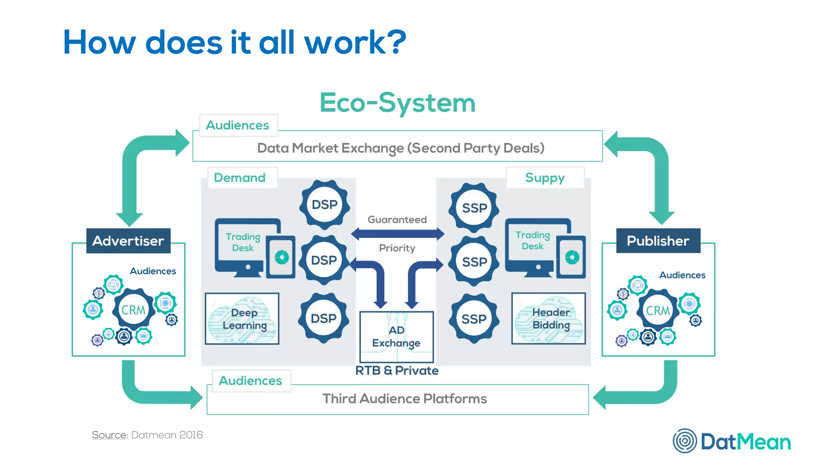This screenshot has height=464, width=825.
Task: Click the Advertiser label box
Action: point(128,241)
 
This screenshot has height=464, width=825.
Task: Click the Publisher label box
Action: point(658,241)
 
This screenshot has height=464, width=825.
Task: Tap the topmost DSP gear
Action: point(324,205)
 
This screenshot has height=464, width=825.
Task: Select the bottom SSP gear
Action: point(474,319)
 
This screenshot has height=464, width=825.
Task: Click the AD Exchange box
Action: point(396,337)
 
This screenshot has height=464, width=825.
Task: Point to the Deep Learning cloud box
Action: point(242,319)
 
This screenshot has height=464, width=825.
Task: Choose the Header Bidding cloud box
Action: point(548,319)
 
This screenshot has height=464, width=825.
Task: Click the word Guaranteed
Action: point(397,220)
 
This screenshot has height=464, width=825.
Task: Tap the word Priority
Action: point(397,248)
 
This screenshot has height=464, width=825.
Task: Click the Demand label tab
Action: point(240,178)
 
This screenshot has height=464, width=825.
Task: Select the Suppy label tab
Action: point(545,178)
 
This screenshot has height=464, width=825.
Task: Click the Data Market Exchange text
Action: point(400,148)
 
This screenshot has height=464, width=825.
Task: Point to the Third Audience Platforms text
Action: point(404,399)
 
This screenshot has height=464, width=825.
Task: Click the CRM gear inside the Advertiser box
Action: point(133,309)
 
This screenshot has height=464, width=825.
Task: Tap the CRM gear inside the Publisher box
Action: point(657,310)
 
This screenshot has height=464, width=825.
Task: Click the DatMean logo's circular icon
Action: point(684,441)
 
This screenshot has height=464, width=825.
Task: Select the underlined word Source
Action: point(110,435)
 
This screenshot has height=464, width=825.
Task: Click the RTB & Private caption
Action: point(397,371)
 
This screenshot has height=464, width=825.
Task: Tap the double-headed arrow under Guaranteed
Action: point(397,234)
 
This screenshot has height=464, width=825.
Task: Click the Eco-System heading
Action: point(397,103)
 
